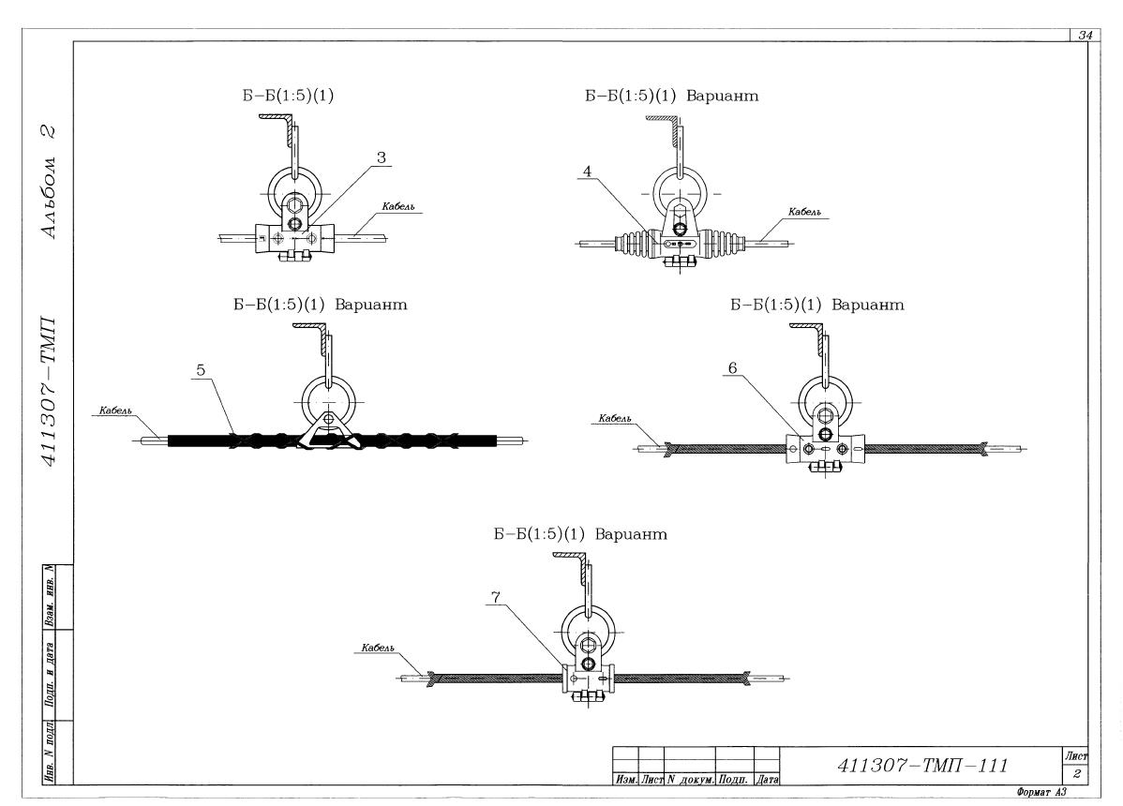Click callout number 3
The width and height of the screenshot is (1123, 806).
381,157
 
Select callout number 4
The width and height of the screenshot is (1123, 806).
588,172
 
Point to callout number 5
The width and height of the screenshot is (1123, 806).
201,370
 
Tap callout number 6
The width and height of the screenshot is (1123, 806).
732,368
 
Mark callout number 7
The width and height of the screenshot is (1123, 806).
496,598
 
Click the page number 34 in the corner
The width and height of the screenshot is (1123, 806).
1085,35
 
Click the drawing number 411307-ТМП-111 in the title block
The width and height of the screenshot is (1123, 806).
922,766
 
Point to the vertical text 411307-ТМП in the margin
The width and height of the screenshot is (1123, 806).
49,392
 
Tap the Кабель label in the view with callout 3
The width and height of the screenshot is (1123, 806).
397,207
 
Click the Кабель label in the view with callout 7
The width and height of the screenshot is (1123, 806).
378,648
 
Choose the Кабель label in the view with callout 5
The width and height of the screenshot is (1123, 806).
115,410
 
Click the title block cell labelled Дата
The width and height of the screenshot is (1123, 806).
767,780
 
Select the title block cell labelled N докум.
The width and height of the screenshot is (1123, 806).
691,780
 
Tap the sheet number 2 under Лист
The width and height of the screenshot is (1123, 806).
1076,774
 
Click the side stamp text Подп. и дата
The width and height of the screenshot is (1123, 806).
49,674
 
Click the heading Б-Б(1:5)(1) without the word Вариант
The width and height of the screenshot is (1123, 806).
287,96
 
